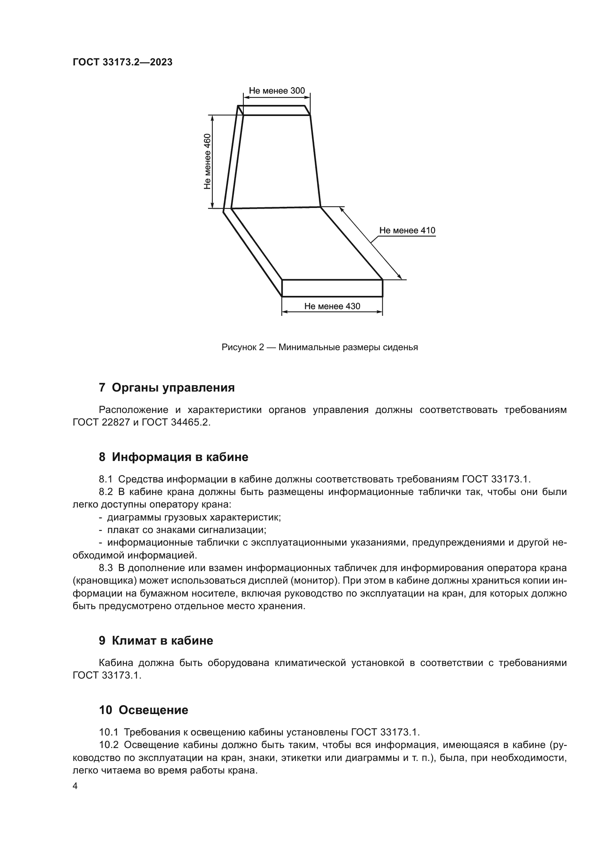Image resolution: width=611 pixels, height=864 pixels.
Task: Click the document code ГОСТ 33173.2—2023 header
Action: [x=122, y=62]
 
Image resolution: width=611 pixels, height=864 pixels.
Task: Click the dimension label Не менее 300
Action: [x=277, y=91]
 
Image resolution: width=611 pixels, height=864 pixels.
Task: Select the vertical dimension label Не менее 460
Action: [x=207, y=161]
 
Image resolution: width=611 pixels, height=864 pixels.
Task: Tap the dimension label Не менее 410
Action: [x=407, y=230]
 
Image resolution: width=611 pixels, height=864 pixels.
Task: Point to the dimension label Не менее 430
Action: [x=332, y=306]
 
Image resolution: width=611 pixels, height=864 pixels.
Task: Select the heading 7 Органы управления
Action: [x=167, y=387]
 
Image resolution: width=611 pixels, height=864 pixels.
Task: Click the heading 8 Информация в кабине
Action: [x=174, y=457]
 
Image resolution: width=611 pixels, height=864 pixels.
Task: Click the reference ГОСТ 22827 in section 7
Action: [x=101, y=423]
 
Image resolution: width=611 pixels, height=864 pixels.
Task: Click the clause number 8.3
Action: [x=106, y=568]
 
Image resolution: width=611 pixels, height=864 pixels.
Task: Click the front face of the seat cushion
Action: [x=332, y=288]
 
